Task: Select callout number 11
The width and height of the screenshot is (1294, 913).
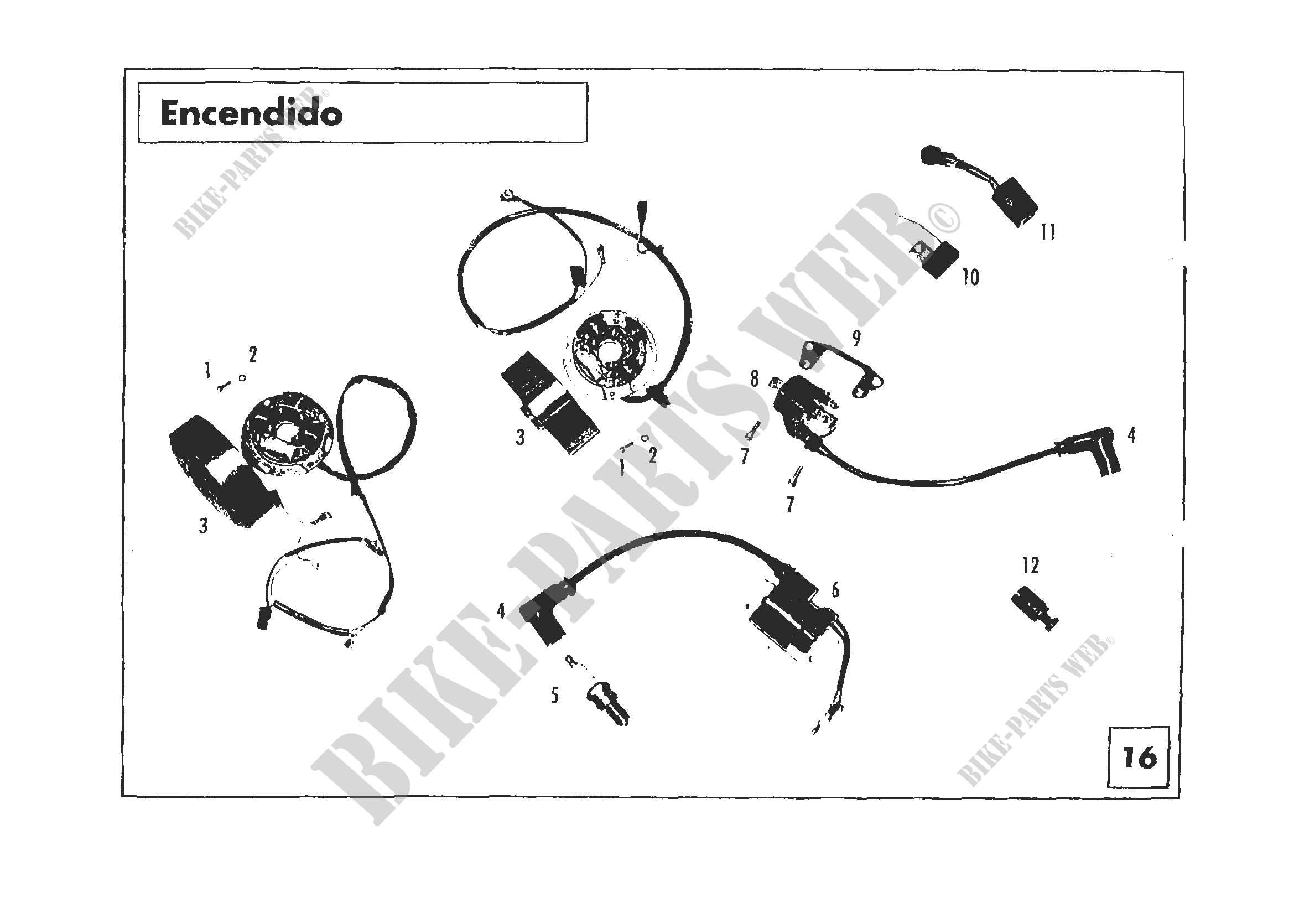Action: click(x=1048, y=232)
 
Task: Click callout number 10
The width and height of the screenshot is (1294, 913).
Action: click(x=970, y=277)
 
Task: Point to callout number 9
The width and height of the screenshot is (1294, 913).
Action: click(x=856, y=338)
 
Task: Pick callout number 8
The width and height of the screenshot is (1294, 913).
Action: click(x=755, y=379)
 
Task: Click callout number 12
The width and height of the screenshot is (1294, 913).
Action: click(x=1031, y=566)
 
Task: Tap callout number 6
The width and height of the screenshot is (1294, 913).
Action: click(x=835, y=590)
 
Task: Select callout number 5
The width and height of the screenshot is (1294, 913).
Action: click(x=555, y=696)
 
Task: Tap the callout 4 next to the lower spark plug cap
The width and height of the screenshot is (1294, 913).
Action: click(x=501, y=610)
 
